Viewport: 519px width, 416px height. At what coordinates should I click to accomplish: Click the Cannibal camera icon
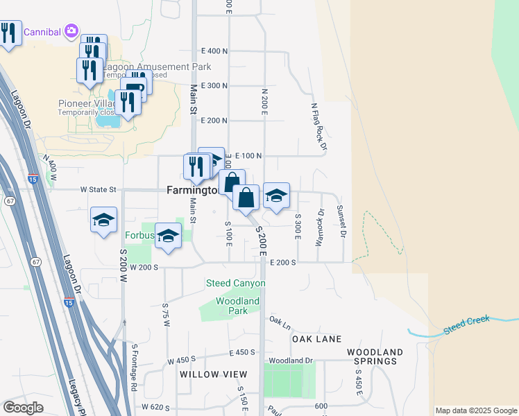point(71,31)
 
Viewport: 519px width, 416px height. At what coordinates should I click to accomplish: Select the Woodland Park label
point(237,306)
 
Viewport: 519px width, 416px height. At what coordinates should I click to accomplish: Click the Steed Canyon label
point(235,283)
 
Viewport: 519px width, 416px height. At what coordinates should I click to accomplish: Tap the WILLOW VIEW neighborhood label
point(213,374)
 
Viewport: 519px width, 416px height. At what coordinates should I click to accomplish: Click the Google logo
point(23,408)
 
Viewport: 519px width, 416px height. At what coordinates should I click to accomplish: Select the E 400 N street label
point(214,51)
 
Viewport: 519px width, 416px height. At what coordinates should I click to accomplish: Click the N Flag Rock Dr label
point(318,126)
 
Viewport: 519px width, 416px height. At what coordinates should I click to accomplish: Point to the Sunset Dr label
point(340,220)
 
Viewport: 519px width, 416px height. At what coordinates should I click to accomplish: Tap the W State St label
point(97,189)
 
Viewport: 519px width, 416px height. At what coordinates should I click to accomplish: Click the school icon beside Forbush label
point(168,236)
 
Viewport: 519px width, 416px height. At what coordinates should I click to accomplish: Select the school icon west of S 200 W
point(103,220)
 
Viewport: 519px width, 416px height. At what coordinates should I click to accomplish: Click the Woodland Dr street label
point(291,361)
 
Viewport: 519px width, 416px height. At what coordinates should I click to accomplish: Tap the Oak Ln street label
point(279,322)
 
